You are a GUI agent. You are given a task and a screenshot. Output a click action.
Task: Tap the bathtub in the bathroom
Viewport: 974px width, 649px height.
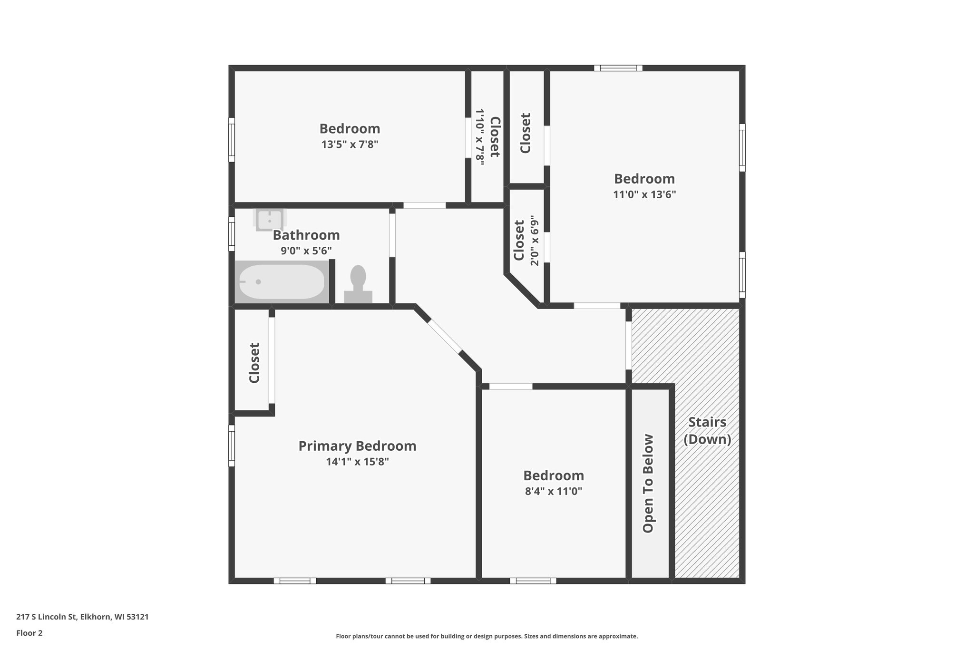tap(282, 281)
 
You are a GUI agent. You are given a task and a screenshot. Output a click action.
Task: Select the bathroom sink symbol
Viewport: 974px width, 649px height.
tap(270, 220)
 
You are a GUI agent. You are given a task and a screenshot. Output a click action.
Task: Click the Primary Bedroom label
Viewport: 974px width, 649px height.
tap(357, 446)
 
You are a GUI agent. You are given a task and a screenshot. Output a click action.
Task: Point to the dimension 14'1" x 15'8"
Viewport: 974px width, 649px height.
tap(357, 462)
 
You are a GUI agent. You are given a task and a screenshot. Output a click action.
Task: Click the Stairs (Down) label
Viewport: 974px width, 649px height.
tap(707, 430)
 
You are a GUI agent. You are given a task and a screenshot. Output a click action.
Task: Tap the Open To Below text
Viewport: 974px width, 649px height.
tap(648, 483)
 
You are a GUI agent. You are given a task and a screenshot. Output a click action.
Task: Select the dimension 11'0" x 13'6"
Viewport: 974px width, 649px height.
tap(644, 194)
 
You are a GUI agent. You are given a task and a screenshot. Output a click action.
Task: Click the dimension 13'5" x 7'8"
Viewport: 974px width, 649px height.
tap(350, 145)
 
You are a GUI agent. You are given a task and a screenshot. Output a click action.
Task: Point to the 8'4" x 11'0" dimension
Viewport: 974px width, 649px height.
tap(554, 491)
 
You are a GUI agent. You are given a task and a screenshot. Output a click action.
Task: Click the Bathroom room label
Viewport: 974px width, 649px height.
tap(306, 235)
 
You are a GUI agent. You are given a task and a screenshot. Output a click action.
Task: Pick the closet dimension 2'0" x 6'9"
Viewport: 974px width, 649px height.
tap(535, 241)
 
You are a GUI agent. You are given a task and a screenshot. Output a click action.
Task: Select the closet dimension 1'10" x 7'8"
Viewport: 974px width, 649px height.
tap(480, 137)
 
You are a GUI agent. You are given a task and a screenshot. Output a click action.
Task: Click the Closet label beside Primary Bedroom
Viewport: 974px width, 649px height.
tap(254, 363)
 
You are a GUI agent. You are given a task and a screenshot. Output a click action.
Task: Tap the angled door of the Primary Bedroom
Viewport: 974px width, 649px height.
tap(444, 337)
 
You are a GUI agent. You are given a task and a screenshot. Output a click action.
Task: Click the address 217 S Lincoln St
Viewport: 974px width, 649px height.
tap(82, 617)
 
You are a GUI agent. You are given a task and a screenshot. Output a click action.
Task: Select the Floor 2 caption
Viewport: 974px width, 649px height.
tap(29, 633)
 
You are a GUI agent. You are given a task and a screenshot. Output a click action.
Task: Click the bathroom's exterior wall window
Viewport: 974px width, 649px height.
tap(232, 234)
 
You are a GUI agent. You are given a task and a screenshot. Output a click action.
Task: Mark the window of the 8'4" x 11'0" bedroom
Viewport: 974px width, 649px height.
tap(533, 581)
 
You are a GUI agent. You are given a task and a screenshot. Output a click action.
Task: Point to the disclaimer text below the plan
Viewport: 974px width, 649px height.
tap(487, 636)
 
